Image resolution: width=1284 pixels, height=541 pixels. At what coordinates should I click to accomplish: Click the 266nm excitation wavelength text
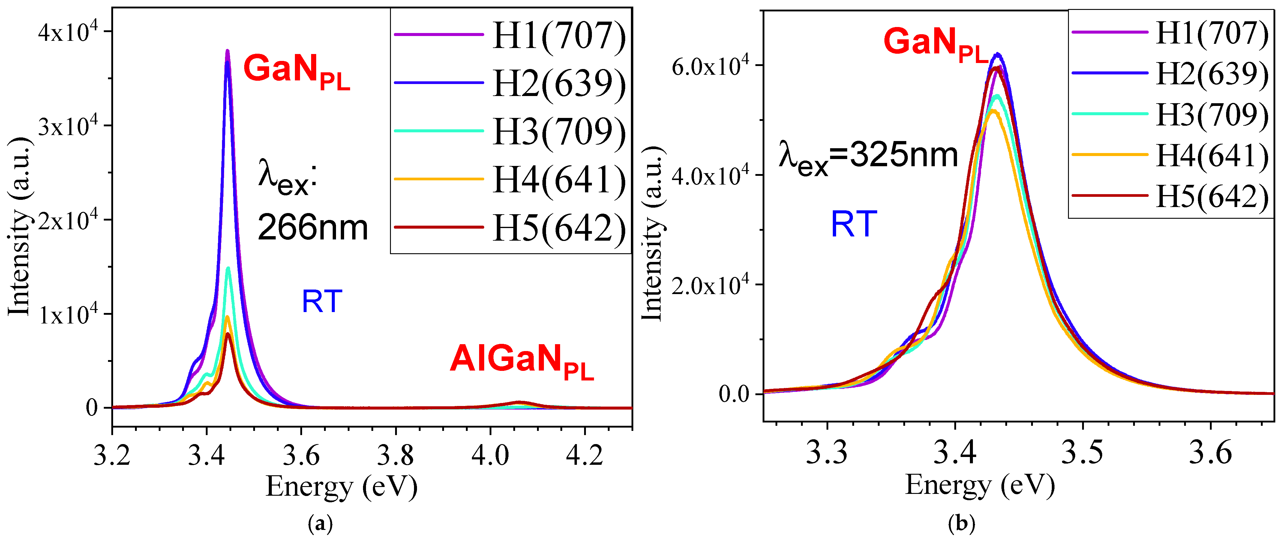313,227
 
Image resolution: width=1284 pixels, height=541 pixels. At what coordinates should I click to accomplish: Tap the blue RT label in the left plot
322,302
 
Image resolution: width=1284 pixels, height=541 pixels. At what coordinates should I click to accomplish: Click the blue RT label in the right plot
853,224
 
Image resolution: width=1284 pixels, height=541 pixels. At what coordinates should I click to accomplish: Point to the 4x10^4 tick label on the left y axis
68,32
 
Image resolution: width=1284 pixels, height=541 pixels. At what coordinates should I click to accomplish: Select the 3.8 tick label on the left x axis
395,455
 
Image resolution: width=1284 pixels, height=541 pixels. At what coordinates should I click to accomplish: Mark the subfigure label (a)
320,524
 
